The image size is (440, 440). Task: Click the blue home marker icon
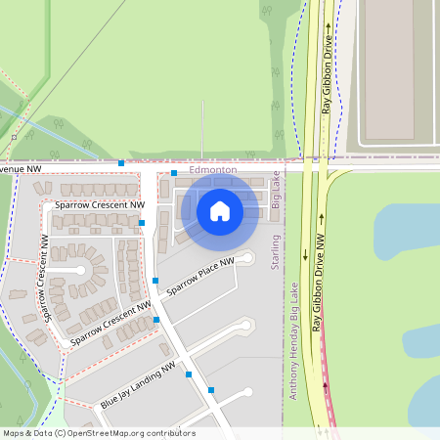(220, 211)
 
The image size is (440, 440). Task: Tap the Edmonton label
(213, 170)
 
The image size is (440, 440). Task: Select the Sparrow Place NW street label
(200, 277)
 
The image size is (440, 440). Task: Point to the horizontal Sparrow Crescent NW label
(100, 205)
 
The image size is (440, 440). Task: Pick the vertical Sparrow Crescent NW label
(44, 280)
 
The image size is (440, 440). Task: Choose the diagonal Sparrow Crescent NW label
(109, 325)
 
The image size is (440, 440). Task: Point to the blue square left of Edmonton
(174, 173)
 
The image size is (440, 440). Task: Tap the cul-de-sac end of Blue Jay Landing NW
(247, 393)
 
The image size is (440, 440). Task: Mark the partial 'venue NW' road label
(21, 169)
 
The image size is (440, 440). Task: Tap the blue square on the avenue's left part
(121, 162)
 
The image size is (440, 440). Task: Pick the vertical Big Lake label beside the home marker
(276, 191)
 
